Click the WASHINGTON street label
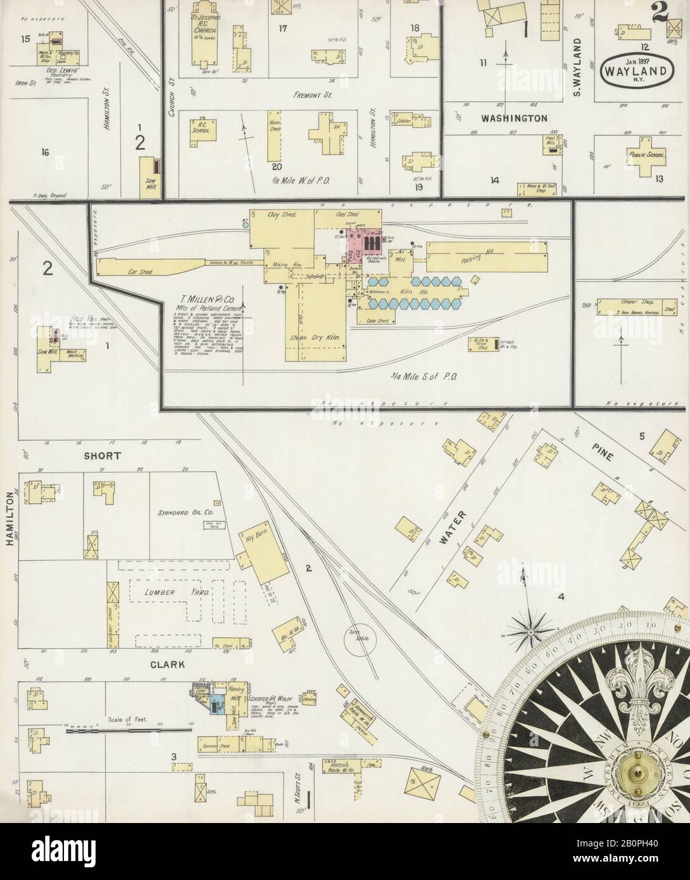point(513,118)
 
